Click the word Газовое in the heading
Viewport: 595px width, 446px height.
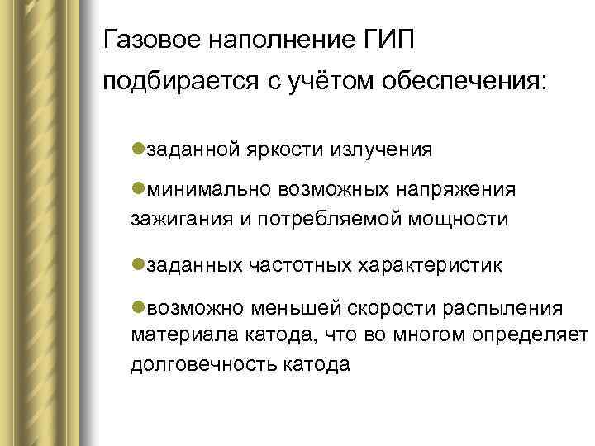coord(150,40)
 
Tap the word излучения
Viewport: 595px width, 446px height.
coord(381,149)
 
